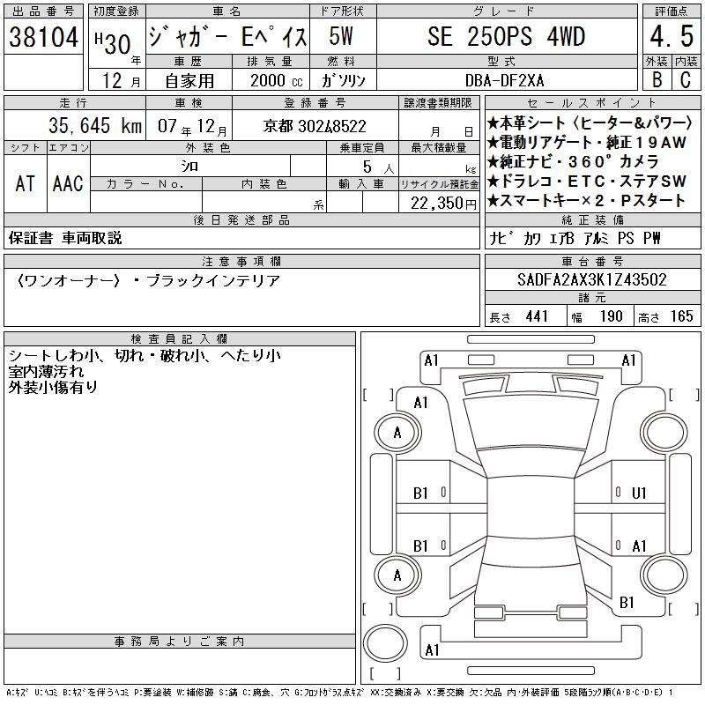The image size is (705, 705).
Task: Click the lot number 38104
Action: click(x=43, y=36)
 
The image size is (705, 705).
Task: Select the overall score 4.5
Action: click(x=672, y=36)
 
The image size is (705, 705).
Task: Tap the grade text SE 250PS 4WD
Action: click(x=506, y=36)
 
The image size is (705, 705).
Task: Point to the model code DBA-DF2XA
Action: click(x=504, y=80)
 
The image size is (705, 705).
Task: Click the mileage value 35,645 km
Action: click(x=95, y=125)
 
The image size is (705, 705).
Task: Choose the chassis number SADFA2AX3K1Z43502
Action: click(x=591, y=279)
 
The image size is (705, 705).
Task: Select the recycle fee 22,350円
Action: click(x=443, y=204)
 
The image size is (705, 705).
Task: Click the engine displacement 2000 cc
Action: click(x=276, y=80)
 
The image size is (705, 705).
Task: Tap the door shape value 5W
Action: click(x=340, y=36)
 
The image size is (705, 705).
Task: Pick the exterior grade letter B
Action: click(x=657, y=79)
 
